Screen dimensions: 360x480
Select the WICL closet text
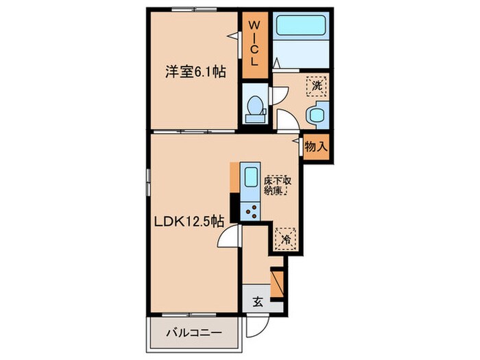(x=254, y=43)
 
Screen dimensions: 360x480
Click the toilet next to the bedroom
(x=255, y=108)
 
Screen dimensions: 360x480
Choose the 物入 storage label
(x=316, y=146)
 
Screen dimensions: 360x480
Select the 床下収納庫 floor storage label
(x=278, y=187)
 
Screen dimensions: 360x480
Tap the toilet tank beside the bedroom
(x=255, y=118)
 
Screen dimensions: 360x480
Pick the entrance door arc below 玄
(x=274, y=309)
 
